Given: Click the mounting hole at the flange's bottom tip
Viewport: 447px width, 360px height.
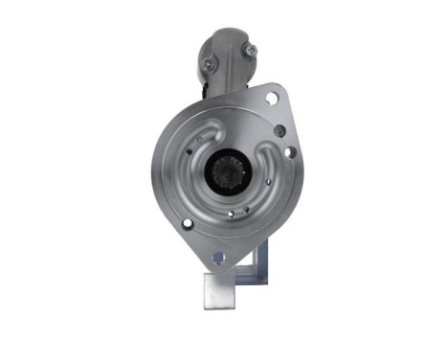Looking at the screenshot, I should pos(217,257).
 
